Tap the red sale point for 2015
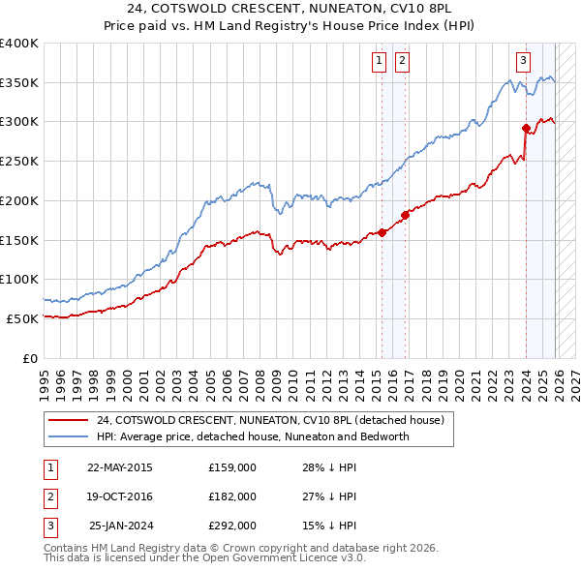(x=382, y=232)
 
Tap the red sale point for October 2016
(x=406, y=215)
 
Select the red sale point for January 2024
(x=526, y=128)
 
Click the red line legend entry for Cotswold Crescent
(x=270, y=421)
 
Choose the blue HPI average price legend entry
(x=253, y=436)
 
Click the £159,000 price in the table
(x=232, y=467)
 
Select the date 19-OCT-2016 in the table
(x=119, y=496)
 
